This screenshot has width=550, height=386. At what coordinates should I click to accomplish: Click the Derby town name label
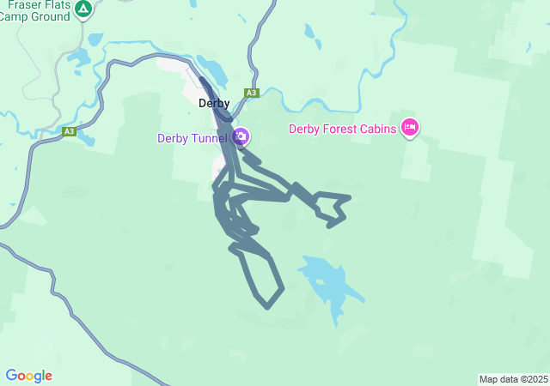click(x=214, y=104)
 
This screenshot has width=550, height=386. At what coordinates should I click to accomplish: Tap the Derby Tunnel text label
click(x=192, y=138)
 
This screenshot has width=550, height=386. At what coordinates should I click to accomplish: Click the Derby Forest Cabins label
click(x=341, y=130)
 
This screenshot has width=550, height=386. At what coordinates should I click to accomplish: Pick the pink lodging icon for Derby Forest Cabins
click(x=409, y=128)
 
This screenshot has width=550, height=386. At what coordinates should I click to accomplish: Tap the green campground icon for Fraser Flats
click(x=82, y=9)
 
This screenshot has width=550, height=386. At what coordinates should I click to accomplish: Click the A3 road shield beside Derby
click(x=251, y=93)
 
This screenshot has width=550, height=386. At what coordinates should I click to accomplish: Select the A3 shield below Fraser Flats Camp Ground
click(x=69, y=131)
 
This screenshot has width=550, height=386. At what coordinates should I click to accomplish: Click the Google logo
click(x=28, y=376)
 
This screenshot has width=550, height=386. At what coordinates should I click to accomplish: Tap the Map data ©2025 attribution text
click(x=513, y=379)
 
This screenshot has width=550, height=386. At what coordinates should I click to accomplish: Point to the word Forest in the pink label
click(x=339, y=130)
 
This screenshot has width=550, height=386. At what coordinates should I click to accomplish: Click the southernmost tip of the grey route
click(x=267, y=306)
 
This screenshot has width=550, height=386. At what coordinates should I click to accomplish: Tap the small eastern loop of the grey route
click(x=332, y=208)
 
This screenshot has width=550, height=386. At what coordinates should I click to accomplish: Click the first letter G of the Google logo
click(x=11, y=376)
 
